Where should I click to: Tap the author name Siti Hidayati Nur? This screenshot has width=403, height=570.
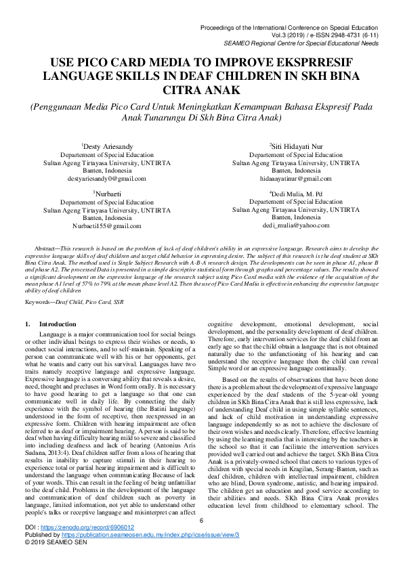295,146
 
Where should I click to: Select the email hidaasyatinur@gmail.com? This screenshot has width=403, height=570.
295,179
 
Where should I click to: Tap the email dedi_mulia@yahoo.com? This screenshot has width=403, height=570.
295,225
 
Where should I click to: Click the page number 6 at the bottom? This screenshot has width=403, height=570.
201,538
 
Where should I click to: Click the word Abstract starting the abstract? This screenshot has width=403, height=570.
47,250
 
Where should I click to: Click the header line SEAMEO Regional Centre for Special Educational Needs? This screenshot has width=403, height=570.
309,42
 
